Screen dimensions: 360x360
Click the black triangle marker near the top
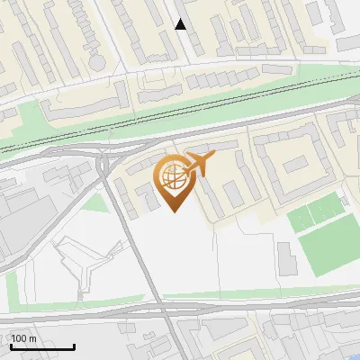(x=181, y=24)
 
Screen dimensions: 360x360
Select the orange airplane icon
(x=199, y=164)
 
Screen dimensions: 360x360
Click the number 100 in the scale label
(x=18, y=338)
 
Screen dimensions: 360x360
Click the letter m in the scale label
(x=32, y=338)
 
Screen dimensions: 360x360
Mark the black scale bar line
(x=42, y=347)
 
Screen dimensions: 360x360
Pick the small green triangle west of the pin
(x=94, y=203)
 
